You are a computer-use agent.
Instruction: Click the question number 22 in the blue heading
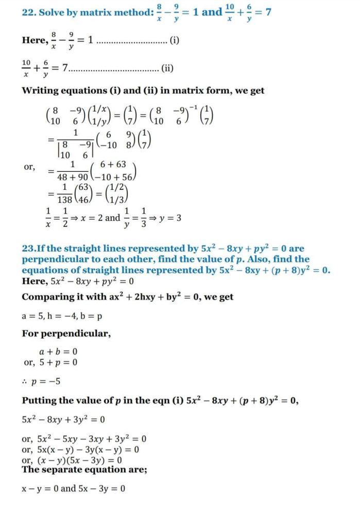pos(28,12)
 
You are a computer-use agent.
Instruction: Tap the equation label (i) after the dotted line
pos(174,40)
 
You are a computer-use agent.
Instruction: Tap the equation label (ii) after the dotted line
pos(168,67)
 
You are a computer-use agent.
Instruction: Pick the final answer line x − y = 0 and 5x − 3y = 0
pos(73,488)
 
